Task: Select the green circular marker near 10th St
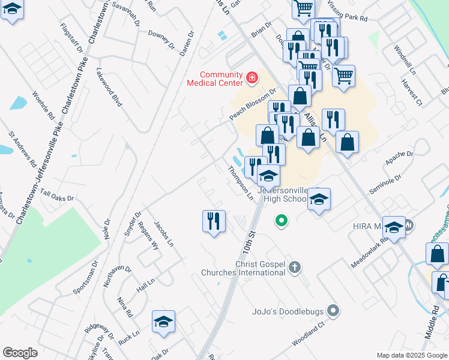coord(280,221)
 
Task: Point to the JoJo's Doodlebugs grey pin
coord(334,311)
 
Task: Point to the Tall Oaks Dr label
coord(57,197)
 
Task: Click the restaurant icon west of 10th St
coord(214,221)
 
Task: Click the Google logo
coord(20,353)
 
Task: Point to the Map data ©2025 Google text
coord(412,355)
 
